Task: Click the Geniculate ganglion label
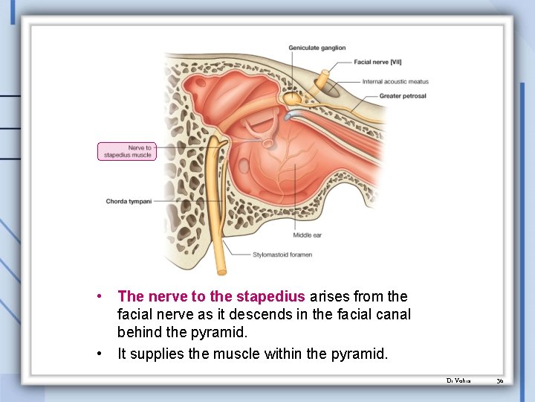317,48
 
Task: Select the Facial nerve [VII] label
378,62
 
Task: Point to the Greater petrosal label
403,96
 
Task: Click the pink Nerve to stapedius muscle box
127,151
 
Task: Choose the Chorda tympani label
129,201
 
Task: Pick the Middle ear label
307,235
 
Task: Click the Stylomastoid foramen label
282,255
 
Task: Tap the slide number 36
500,380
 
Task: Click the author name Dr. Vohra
456,380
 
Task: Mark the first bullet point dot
100,296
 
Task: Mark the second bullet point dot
100,353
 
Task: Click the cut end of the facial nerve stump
325,75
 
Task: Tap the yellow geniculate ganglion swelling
294,97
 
